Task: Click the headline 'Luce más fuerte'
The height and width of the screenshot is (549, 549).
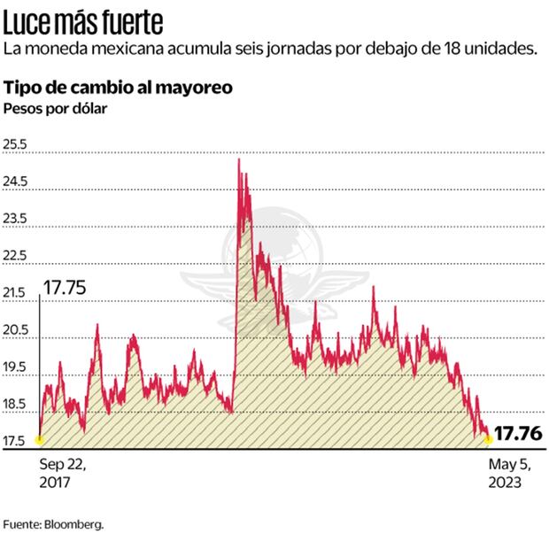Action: click(83, 19)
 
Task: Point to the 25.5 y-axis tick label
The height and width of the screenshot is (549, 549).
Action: click(16, 145)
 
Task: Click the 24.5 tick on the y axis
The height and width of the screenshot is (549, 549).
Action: click(16, 182)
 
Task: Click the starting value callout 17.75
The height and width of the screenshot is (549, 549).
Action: click(65, 288)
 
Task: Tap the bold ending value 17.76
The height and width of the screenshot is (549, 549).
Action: click(516, 435)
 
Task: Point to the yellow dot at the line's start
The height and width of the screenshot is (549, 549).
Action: click(39, 438)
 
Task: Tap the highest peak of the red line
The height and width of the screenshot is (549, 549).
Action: click(239, 159)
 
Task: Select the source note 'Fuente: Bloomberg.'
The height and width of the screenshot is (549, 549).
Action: click(53, 524)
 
